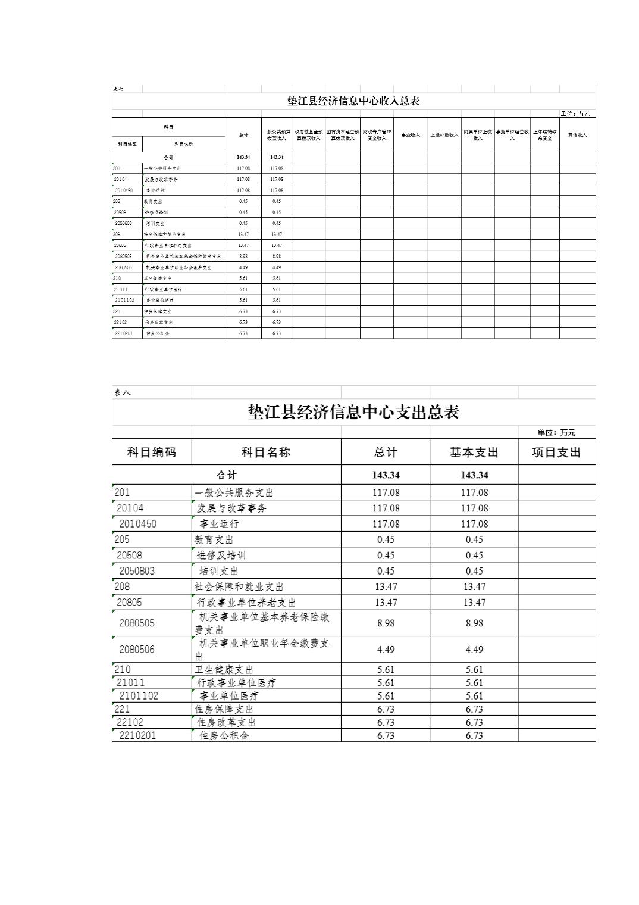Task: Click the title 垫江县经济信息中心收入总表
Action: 353,101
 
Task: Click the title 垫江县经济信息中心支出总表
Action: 353,412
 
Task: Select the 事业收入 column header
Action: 411,135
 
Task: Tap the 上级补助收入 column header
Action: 444,135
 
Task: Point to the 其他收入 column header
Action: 577,135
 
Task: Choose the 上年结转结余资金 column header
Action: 544,135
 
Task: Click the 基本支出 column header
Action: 474,453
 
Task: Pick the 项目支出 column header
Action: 556,453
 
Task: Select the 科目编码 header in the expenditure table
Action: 152,453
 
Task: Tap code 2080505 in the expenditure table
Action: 137,623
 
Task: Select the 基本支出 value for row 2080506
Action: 474,650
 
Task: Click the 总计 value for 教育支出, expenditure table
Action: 386,540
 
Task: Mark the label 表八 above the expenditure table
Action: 122,392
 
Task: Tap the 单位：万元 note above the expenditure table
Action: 556,433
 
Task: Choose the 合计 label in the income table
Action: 168,157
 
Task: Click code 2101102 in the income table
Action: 125,301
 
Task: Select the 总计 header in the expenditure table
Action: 386,453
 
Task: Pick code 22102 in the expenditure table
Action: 130,722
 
